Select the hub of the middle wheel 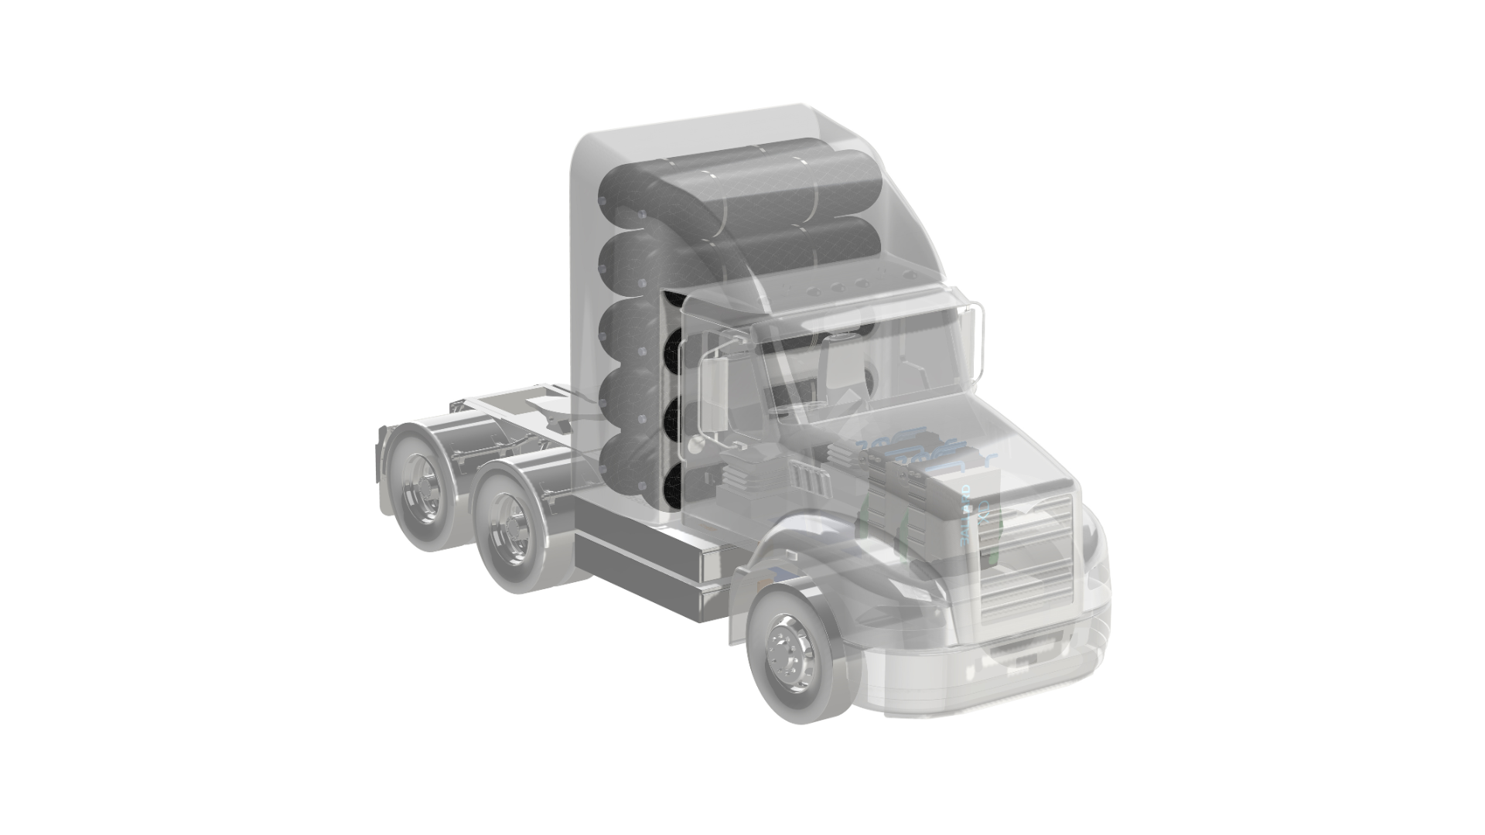pos(510,520)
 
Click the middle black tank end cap pos(671,418)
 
